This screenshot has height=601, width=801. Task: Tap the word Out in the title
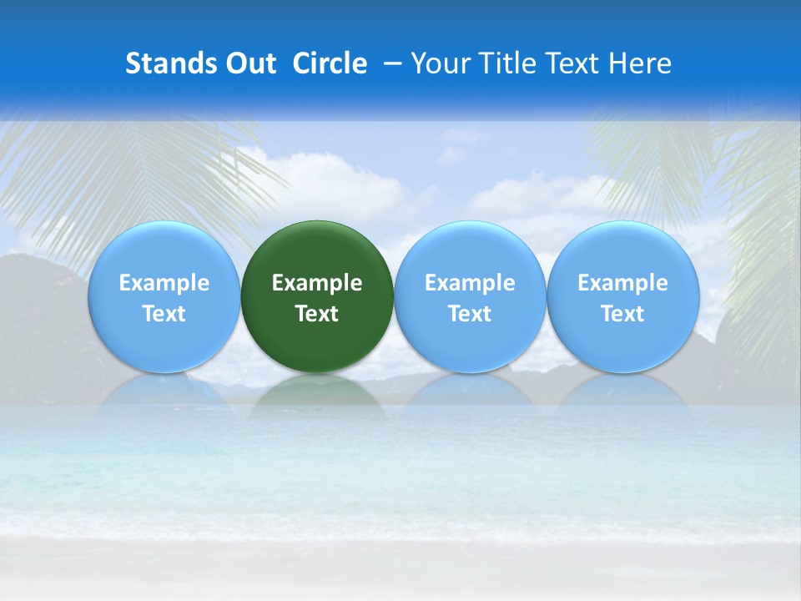point(249,63)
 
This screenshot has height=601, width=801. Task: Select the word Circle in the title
point(330,63)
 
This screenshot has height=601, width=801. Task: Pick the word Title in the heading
point(509,63)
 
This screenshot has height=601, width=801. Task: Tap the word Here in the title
point(640,63)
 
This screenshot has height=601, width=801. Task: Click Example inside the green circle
point(317,283)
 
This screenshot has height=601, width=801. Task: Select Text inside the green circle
point(317,314)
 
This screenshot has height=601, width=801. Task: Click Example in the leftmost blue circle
point(164,283)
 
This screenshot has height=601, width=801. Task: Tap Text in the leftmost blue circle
point(164,314)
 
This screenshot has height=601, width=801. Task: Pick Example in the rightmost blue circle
point(622,283)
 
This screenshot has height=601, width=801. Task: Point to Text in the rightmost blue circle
point(622,314)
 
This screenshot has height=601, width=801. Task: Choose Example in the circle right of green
point(470,283)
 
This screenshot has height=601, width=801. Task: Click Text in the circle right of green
point(470,314)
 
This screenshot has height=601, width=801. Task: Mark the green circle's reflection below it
point(317,392)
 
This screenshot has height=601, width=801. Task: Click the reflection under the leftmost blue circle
point(164,392)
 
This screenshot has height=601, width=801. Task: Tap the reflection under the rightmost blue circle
point(622,392)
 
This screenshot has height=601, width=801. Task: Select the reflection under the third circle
point(470,392)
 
